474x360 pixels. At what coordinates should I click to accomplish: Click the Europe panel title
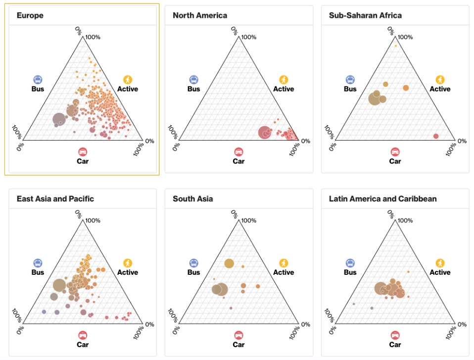click(x=30, y=15)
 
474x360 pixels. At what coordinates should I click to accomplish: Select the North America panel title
click(x=200, y=15)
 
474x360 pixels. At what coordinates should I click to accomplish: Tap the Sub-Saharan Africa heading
click(x=365, y=15)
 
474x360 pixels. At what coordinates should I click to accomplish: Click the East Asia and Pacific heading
click(x=55, y=199)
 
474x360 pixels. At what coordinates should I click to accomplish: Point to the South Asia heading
click(x=193, y=199)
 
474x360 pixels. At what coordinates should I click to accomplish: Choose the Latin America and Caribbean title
click(x=383, y=199)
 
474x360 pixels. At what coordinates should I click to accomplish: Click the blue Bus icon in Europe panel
click(x=38, y=80)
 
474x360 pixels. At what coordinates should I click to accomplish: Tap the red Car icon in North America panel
click(x=238, y=152)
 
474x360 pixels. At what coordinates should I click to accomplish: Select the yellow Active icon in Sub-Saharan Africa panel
click(x=440, y=80)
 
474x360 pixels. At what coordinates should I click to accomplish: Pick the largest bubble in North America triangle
click(x=265, y=133)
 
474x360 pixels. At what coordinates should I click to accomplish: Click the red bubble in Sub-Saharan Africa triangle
click(x=436, y=136)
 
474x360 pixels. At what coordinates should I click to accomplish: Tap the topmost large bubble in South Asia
click(x=229, y=263)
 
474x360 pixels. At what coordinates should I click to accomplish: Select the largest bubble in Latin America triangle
click(x=381, y=288)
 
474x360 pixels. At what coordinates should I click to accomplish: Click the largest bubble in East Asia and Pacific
click(x=59, y=285)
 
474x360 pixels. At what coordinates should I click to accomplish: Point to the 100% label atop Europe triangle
click(x=93, y=37)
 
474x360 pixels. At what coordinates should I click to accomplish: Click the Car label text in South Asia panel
click(x=238, y=344)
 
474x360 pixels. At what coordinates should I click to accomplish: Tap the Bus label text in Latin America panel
click(x=350, y=272)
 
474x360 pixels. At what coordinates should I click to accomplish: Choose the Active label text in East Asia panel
click(x=128, y=272)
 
